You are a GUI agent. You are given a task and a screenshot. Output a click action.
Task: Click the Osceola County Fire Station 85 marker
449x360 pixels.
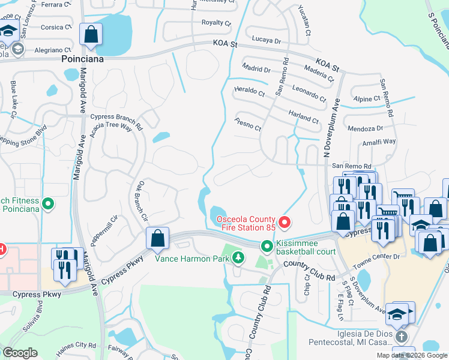pos(285,223)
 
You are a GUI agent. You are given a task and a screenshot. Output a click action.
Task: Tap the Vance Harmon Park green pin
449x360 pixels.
pos(239,259)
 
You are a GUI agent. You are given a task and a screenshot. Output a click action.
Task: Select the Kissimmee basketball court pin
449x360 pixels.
pos(266,247)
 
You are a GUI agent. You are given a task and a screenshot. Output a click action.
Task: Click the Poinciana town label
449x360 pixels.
pos(83,59)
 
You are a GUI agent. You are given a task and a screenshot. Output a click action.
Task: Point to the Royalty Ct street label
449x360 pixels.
pos(216,23)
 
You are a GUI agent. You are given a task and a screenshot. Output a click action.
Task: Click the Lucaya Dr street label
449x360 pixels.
pos(267,40)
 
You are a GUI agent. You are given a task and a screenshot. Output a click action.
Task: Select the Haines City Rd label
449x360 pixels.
pos(77,345)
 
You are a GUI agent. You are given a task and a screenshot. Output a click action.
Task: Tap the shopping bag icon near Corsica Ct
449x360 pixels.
pos(91,35)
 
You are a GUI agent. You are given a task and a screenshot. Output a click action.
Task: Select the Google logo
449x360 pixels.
pos(20,353)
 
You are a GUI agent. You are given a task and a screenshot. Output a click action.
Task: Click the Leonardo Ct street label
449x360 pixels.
pos(309,91)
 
